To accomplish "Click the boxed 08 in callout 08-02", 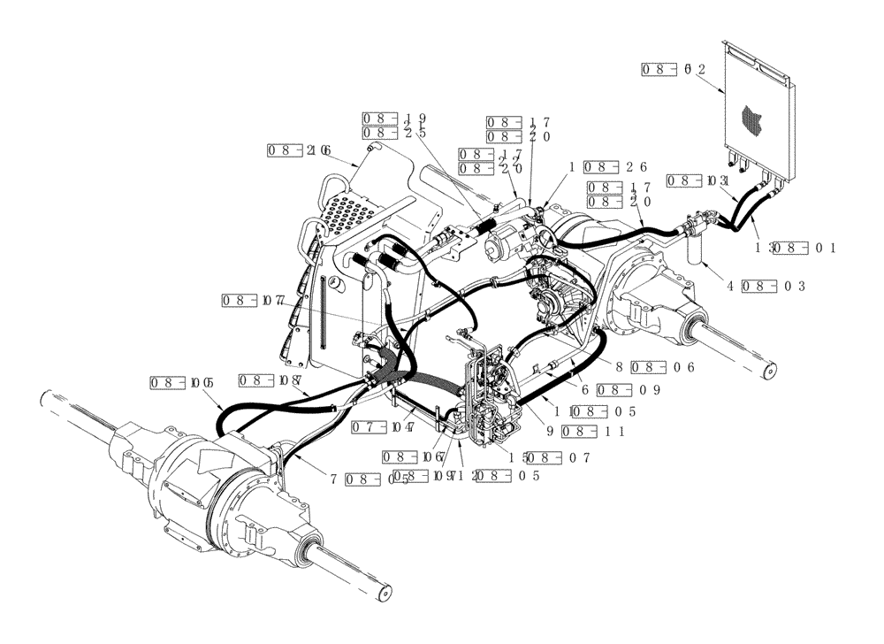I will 659,68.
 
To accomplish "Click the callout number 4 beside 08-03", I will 731,286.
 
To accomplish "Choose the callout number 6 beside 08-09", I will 585,389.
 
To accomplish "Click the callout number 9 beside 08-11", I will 549,432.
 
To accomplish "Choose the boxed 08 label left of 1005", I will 165,383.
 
